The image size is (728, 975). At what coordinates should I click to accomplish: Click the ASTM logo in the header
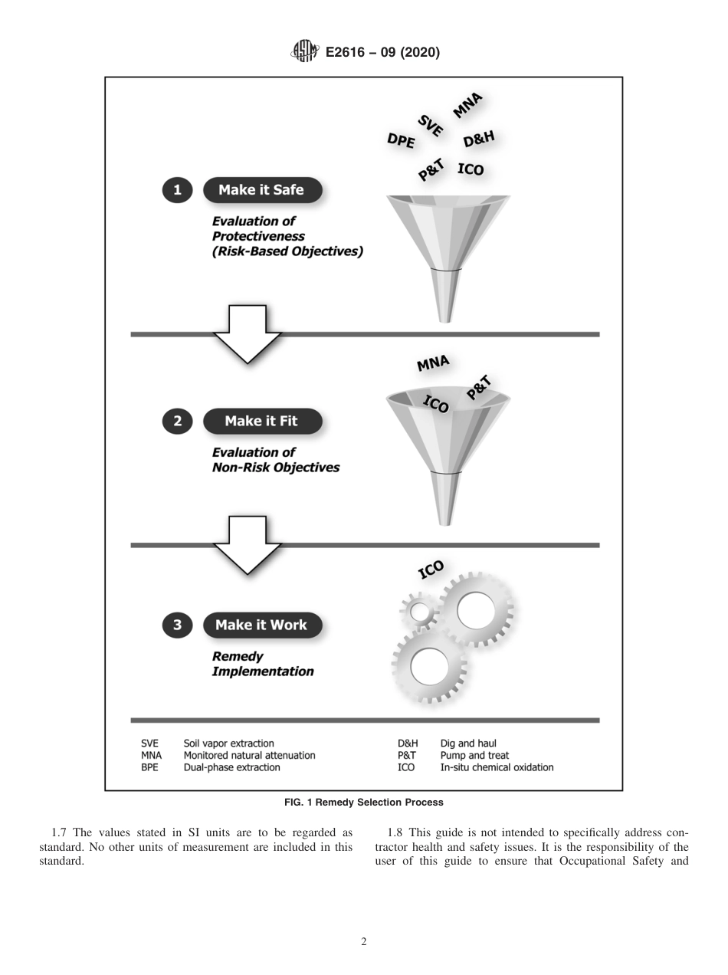click(303, 52)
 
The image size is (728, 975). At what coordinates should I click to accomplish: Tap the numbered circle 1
click(177, 190)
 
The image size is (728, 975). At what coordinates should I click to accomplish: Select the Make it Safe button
click(261, 190)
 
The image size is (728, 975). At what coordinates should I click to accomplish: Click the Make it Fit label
click(261, 421)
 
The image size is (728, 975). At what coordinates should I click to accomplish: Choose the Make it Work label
click(261, 625)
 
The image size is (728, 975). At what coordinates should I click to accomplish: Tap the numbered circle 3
click(177, 625)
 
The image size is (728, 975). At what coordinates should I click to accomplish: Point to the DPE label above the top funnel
click(401, 140)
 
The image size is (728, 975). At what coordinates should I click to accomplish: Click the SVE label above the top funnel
click(431, 125)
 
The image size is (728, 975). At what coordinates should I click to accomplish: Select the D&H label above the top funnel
click(479, 140)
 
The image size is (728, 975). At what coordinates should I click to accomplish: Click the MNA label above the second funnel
click(433, 363)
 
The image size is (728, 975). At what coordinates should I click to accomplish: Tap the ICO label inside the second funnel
click(436, 403)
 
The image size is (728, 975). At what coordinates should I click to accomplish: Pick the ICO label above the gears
click(431, 570)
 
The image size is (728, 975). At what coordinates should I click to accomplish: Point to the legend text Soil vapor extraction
click(228, 743)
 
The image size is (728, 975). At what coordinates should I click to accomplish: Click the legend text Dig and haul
click(468, 743)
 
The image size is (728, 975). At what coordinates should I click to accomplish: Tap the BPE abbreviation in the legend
click(149, 767)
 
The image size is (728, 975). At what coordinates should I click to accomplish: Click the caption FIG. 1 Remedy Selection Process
click(363, 803)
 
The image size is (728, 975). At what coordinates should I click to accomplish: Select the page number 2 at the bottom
click(363, 942)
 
